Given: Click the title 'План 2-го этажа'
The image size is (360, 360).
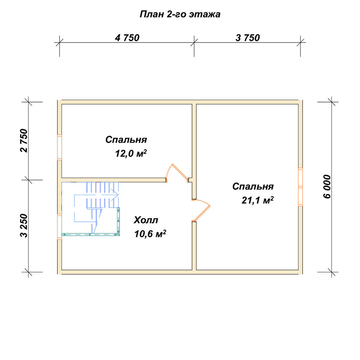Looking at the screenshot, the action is [x=180, y=14].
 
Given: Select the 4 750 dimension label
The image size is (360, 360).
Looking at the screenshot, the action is [x=127, y=38].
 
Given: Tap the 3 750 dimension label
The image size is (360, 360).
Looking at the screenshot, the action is [x=248, y=38].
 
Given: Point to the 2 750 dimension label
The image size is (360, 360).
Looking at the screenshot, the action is [x=24, y=140].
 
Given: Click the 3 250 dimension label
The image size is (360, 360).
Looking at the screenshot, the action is [x=24, y=225].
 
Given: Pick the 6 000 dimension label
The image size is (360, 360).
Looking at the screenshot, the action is [x=327, y=186].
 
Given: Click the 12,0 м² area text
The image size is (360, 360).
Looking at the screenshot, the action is [x=131, y=153].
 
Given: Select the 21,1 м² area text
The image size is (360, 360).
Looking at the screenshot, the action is [x=257, y=200].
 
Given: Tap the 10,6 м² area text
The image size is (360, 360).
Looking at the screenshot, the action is [x=150, y=234].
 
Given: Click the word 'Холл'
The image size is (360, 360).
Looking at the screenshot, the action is [x=146, y=220].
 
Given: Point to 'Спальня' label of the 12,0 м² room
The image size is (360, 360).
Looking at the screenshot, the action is [x=126, y=140].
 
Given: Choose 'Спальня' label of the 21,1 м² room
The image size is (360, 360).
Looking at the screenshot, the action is [x=253, y=186].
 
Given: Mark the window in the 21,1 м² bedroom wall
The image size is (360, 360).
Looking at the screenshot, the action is [x=300, y=187].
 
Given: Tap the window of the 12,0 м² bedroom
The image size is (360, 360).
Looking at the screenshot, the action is [x=59, y=147].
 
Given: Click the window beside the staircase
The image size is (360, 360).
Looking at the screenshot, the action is [x=59, y=226].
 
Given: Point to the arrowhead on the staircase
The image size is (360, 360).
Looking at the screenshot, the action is [x=115, y=195].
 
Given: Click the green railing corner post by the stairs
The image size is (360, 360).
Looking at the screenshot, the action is [x=118, y=234].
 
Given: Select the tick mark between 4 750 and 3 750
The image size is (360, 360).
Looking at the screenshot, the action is [x=194, y=42].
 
